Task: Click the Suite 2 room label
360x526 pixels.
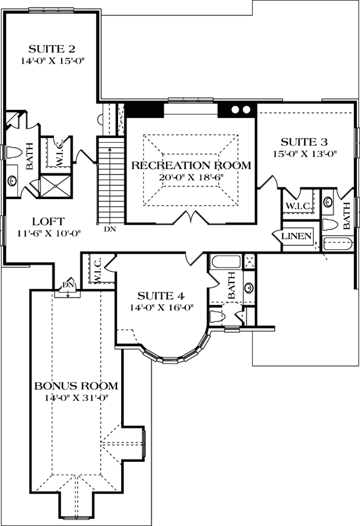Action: tap(52, 49)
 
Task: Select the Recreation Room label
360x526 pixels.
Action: tap(191, 165)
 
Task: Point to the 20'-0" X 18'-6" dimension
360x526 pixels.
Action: tap(191, 177)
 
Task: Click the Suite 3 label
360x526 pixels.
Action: tap(304, 142)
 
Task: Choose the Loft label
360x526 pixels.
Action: tap(49, 221)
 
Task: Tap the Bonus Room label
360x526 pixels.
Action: tap(76, 386)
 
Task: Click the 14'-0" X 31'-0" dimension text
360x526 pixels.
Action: tap(78, 398)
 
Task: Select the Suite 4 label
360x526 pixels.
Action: tap(161, 296)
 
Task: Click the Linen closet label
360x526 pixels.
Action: tap(296, 236)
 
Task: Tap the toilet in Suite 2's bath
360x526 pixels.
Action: tap(14, 152)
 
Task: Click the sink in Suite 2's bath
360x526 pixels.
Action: tap(13, 181)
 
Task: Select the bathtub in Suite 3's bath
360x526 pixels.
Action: tap(338, 244)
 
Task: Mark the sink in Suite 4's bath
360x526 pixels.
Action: tap(249, 287)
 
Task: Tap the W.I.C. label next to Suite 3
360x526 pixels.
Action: tap(298, 206)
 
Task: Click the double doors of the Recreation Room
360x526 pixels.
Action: tap(191, 217)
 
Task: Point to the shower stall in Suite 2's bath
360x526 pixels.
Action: tap(55, 187)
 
